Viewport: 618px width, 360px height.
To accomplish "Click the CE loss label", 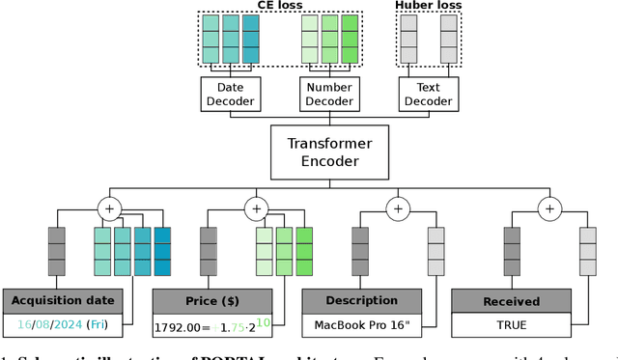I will pos(276,6).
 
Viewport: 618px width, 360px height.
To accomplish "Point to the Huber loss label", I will pos(428,6).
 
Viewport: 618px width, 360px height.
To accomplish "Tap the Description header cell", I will pos(363,300).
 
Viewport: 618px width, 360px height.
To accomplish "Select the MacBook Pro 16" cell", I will pos(363,325).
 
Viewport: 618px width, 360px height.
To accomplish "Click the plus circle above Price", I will pos(256,208).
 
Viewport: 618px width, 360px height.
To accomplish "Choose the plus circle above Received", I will pos(549,208).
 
